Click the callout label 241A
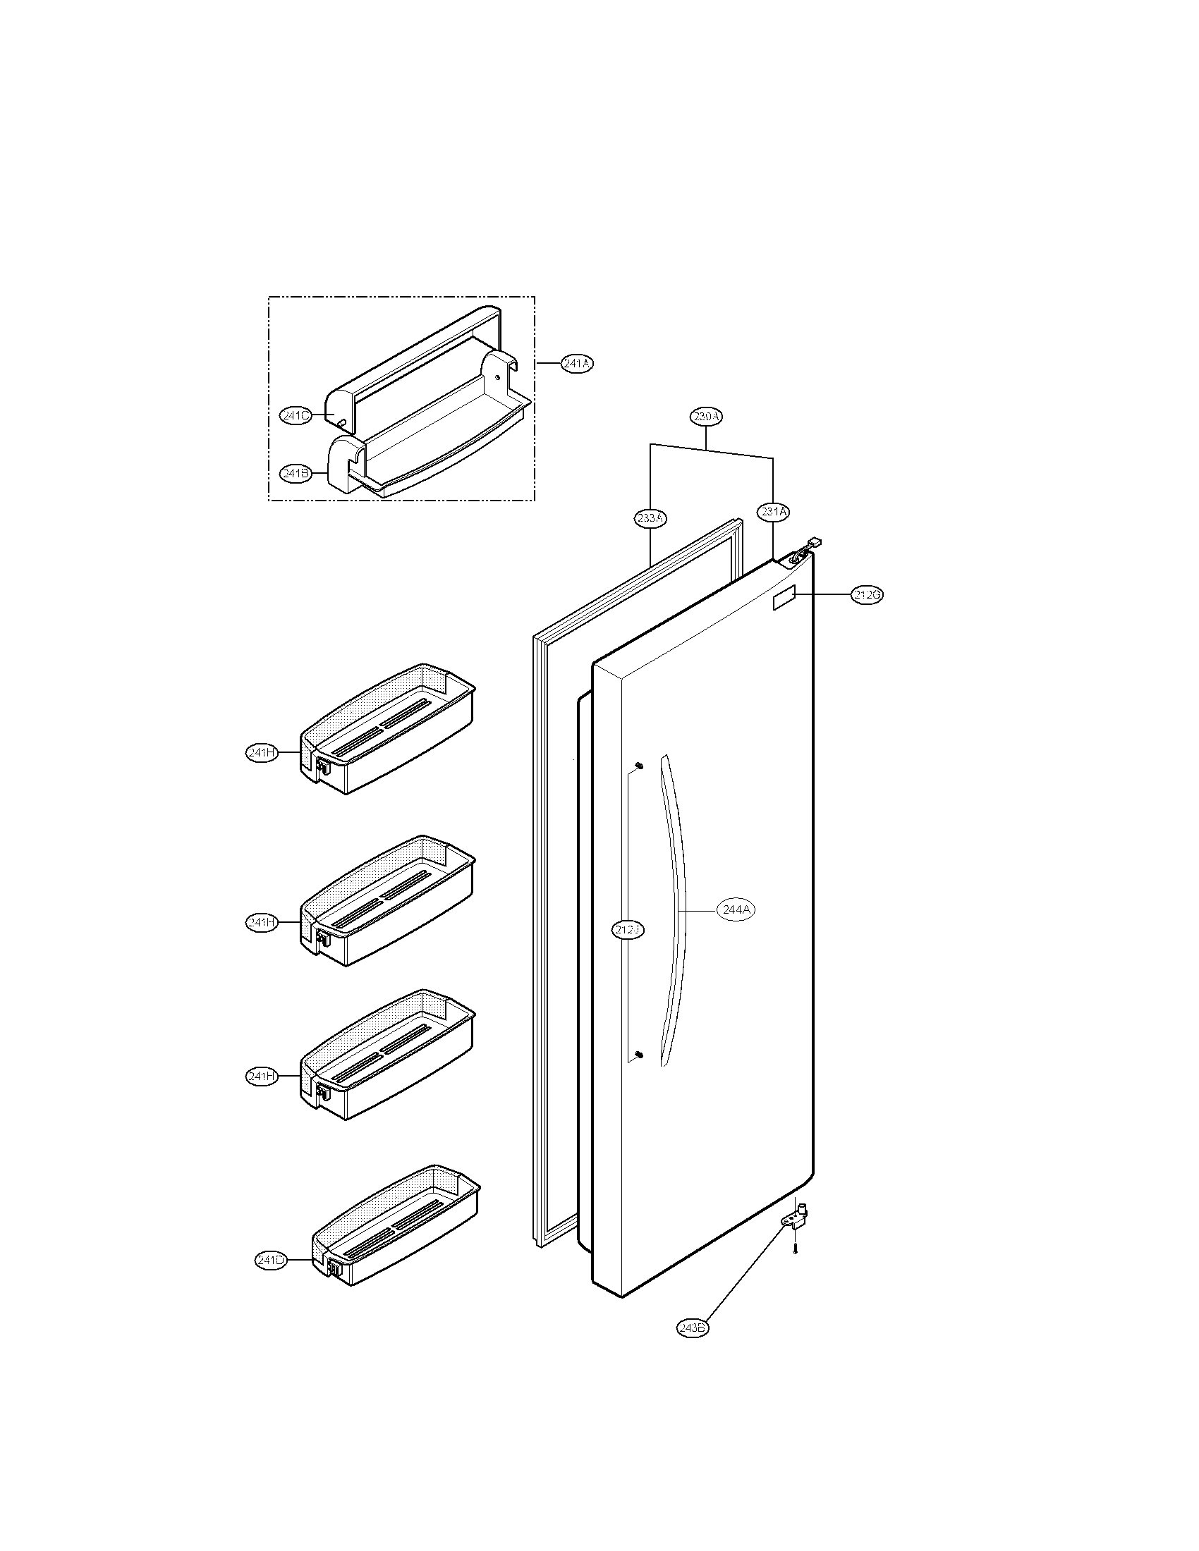coord(577,364)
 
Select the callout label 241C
coord(296,416)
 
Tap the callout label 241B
coord(296,473)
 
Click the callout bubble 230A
coord(706,417)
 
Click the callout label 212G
coord(868,596)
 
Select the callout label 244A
coord(734,909)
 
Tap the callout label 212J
coord(628,929)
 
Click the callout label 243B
coord(693,1328)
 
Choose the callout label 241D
coord(271,1260)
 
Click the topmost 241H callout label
coord(262,753)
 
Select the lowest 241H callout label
coord(262,1096)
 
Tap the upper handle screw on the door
coord(638,765)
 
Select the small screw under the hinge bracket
coord(796,1249)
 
